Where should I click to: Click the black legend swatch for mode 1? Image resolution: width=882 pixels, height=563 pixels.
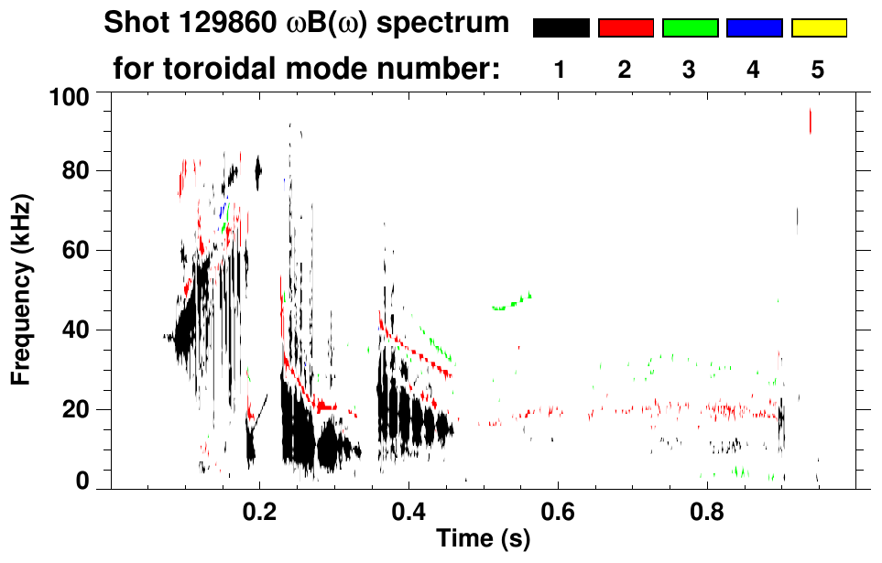click(561, 28)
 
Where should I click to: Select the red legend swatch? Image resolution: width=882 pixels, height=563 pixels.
click(626, 28)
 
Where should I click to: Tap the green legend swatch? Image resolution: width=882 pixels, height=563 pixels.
click(690, 28)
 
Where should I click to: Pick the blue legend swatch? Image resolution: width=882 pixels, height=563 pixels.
click(754, 28)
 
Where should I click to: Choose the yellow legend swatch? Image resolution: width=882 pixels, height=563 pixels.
click(818, 28)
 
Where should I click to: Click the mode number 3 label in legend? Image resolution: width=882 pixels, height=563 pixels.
click(689, 70)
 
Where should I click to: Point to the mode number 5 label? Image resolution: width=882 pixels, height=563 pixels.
click(817, 70)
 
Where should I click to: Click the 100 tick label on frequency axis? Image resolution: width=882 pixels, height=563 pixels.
click(71, 95)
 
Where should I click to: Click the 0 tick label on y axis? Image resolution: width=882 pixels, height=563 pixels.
click(83, 481)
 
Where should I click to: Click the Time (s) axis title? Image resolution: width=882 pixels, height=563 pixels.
click(482, 539)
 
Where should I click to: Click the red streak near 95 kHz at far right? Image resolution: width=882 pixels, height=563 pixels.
click(810, 121)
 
